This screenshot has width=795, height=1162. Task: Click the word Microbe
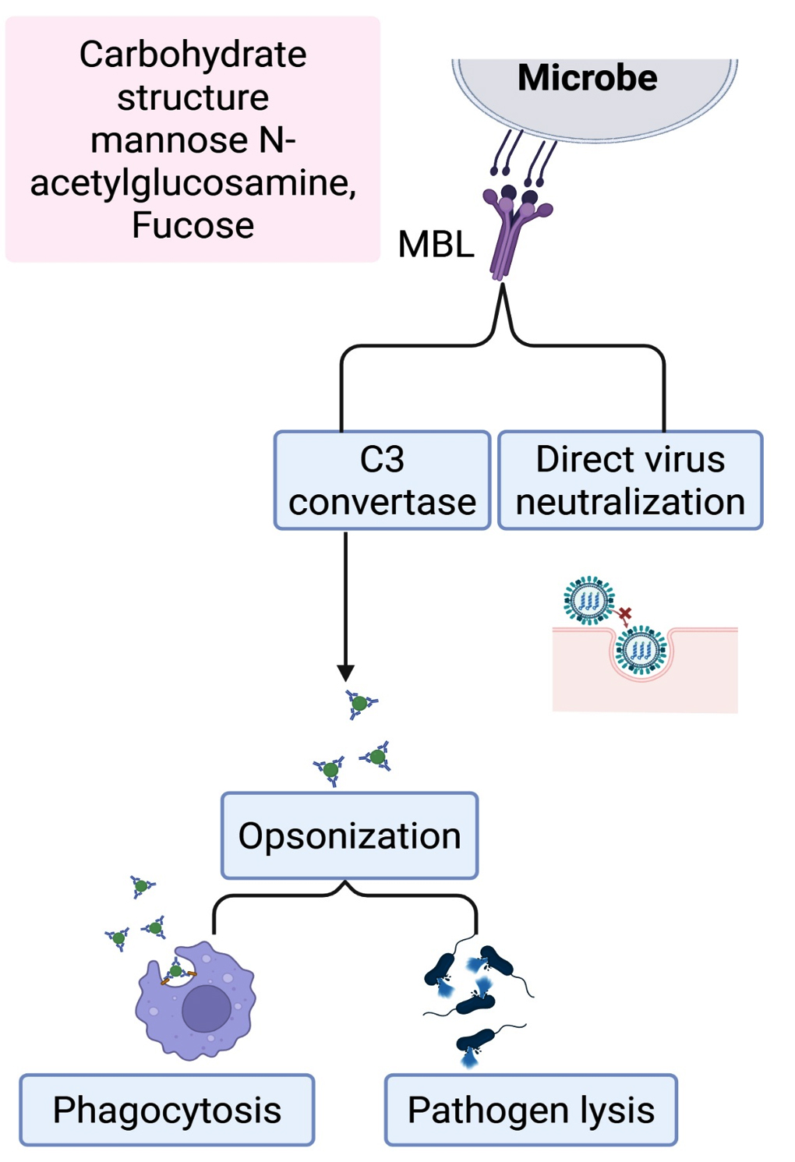pyautogui.click(x=588, y=78)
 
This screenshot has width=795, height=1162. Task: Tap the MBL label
pyautogui.click(x=436, y=244)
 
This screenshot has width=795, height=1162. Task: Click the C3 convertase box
pyautogui.click(x=382, y=480)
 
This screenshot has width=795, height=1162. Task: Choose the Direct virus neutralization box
pyautogui.click(x=630, y=480)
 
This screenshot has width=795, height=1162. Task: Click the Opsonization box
pyautogui.click(x=349, y=835)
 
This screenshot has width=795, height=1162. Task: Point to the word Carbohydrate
pyautogui.click(x=193, y=55)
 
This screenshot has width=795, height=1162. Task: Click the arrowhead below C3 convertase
pyautogui.click(x=345, y=673)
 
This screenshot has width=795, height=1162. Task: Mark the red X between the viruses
pyautogui.click(x=625, y=613)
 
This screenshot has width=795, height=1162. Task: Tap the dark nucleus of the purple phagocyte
pyautogui.click(x=207, y=1008)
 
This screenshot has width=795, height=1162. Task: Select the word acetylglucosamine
pyautogui.click(x=193, y=182)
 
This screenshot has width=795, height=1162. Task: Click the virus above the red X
pyautogui.click(x=589, y=600)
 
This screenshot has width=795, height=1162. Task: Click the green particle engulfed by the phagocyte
pyautogui.click(x=176, y=970)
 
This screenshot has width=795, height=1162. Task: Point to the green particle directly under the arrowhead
pyautogui.click(x=359, y=704)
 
